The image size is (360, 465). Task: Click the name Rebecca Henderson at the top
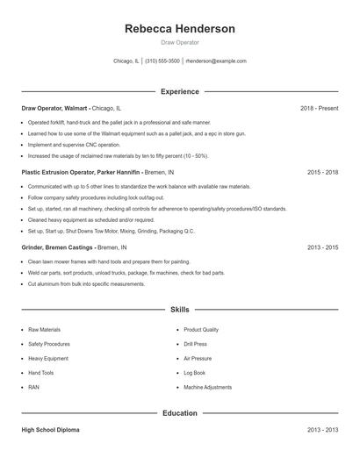pos(180,29)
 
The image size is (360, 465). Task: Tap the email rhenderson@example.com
pos(216,61)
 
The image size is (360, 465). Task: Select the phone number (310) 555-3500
pos(162,61)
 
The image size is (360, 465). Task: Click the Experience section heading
pos(180,91)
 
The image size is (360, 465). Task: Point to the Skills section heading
pos(180,310)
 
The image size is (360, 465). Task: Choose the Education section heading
pos(180,413)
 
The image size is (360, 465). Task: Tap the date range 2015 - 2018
pos(322,173)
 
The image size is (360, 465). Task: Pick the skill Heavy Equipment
pos(47,358)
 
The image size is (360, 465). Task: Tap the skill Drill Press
pos(195,344)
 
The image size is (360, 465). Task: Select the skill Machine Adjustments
pos(208,387)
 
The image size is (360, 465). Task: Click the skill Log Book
pos(193,373)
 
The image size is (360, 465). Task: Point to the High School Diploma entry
pos(52,430)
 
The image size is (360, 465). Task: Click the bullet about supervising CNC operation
pos(75,144)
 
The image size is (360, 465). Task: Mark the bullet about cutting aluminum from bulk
pos(86,284)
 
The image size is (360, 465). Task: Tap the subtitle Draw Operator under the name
pos(180,42)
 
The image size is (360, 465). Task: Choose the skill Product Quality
pos(201,330)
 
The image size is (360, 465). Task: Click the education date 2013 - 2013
pos(322,430)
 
